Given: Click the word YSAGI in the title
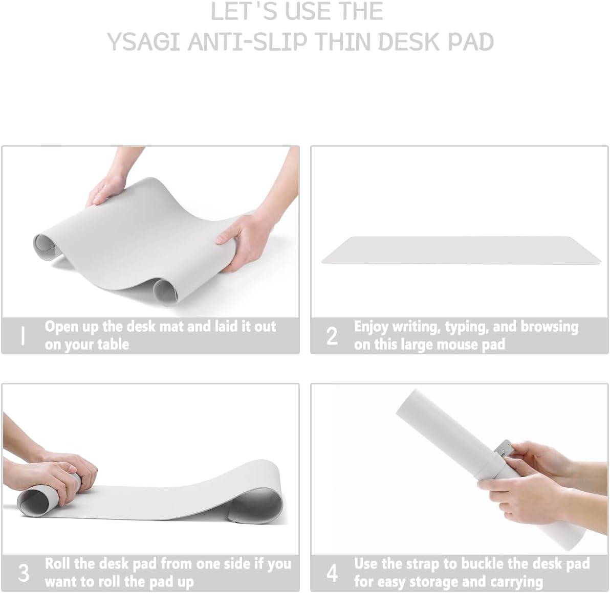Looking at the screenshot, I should (x=143, y=42).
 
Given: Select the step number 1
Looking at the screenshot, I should (x=22, y=336).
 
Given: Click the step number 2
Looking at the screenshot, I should (x=332, y=336).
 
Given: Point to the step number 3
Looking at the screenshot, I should (x=24, y=573).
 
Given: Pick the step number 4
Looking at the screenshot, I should (x=332, y=573).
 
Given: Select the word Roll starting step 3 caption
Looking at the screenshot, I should (x=57, y=564).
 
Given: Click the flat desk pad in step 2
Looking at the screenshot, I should (x=461, y=251).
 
